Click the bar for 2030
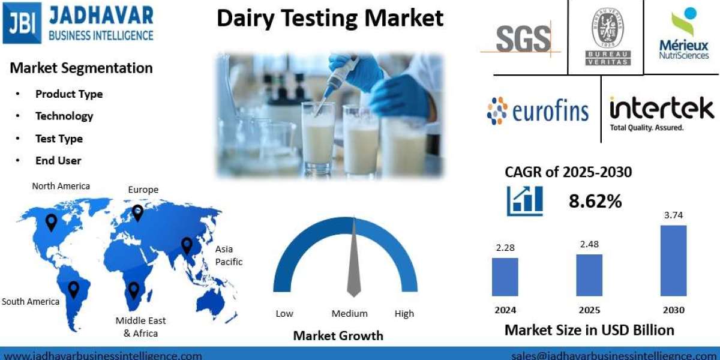pyautogui.click(x=673, y=261)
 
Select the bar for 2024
pyautogui.click(x=505, y=277)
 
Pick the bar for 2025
pyautogui.click(x=589, y=275)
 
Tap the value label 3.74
pyautogui.click(x=673, y=215)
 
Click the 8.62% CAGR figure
pyautogui.click(x=595, y=201)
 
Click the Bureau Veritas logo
pyautogui.click(x=607, y=36)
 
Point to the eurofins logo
pyautogui.click(x=538, y=111)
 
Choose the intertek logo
pyautogui.click(x=661, y=112)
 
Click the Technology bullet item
pyautogui.click(x=64, y=116)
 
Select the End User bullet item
pyautogui.click(x=58, y=160)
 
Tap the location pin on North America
pyautogui.click(x=52, y=223)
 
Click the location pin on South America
pyautogui.click(x=73, y=290)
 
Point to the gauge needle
pyautogui.click(x=354, y=258)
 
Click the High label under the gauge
pyautogui.click(x=404, y=313)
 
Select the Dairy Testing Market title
pyautogui.click(x=330, y=19)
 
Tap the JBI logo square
pyautogui.click(x=22, y=23)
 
